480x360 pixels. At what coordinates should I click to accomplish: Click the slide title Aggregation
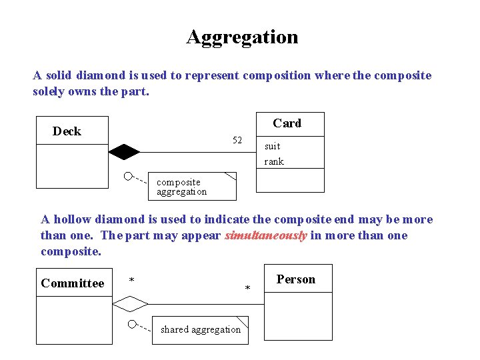[x=242, y=37]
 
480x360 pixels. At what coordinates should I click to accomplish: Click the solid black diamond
[x=125, y=152]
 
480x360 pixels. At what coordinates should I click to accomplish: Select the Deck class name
[x=67, y=131]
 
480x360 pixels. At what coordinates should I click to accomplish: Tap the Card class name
[x=287, y=123]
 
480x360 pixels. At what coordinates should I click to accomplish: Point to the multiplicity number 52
[x=237, y=140]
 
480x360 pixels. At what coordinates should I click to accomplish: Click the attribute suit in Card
[x=273, y=146]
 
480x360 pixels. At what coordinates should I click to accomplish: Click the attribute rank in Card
[x=274, y=161]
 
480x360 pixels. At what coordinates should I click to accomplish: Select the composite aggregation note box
[x=192, y=187]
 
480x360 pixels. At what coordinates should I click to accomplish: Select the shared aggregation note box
[x=200, y=329]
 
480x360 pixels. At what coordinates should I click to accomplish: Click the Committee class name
[x=73, y=283]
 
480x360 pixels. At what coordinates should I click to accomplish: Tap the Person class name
[x=295, y=279]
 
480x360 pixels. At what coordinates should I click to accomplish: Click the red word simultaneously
[x=266, y=235]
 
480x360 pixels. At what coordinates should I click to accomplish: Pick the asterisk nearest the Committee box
[x=132, y=280]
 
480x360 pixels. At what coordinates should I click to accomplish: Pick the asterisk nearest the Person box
[x=247, y=289]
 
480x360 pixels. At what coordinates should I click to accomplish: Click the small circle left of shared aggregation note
[x=133, y=324]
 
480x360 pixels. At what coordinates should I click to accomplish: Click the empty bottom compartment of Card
[x=290, y=180]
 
